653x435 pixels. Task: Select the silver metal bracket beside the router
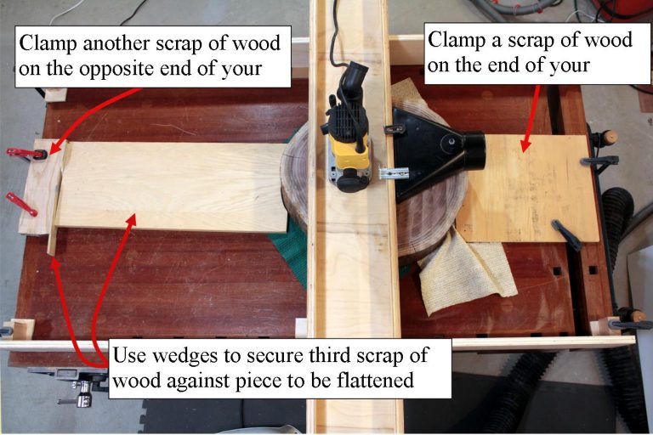point(393,174)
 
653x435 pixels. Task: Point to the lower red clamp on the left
point(22,204)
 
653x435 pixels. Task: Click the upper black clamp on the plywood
point(599,160)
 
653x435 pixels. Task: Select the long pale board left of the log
point(170,187)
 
